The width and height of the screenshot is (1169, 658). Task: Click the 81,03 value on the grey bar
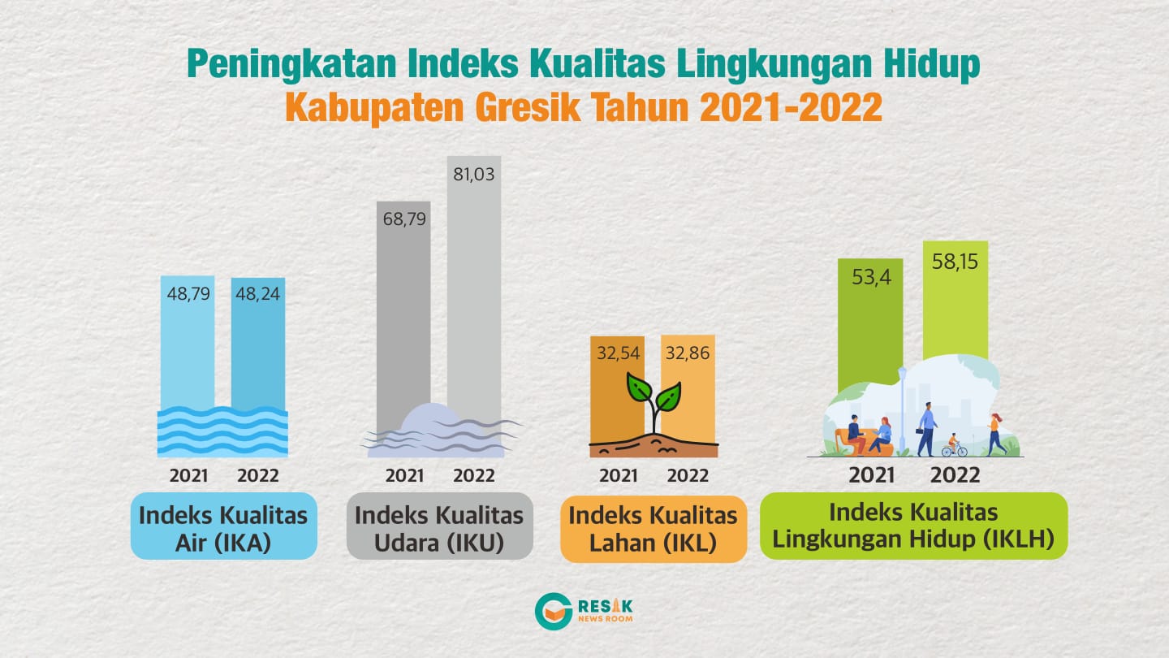coord(473,174)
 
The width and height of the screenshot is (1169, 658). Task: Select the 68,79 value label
coord(404,219)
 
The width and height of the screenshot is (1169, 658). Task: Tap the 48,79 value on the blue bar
coord(188,293)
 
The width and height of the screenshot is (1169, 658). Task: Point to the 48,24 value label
coord(258,293)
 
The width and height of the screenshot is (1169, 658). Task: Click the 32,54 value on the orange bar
coord(619,353)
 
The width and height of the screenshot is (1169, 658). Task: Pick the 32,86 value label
coord(688,353)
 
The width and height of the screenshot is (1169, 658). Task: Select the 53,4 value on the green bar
coord(872,277)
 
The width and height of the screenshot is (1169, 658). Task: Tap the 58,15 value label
coord(955,261)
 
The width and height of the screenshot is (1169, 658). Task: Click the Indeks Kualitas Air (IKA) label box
coord(224,526)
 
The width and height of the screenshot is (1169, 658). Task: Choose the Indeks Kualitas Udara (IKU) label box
coord(440,526)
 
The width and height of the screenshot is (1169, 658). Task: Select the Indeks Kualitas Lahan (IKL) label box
coord(654,529)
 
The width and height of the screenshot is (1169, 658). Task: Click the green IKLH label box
coord(914,526)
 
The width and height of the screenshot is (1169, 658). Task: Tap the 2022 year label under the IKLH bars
coord(955,475)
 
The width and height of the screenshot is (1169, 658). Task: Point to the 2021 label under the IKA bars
coord(188,476)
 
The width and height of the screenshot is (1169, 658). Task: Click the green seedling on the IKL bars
coord(654,403)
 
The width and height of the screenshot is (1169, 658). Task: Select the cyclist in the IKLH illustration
coord(954,445)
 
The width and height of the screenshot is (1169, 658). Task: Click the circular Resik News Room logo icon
coord(554,611)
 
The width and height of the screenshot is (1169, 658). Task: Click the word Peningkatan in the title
coord(291,64)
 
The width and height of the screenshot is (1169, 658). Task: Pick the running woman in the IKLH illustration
coord(996,435)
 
